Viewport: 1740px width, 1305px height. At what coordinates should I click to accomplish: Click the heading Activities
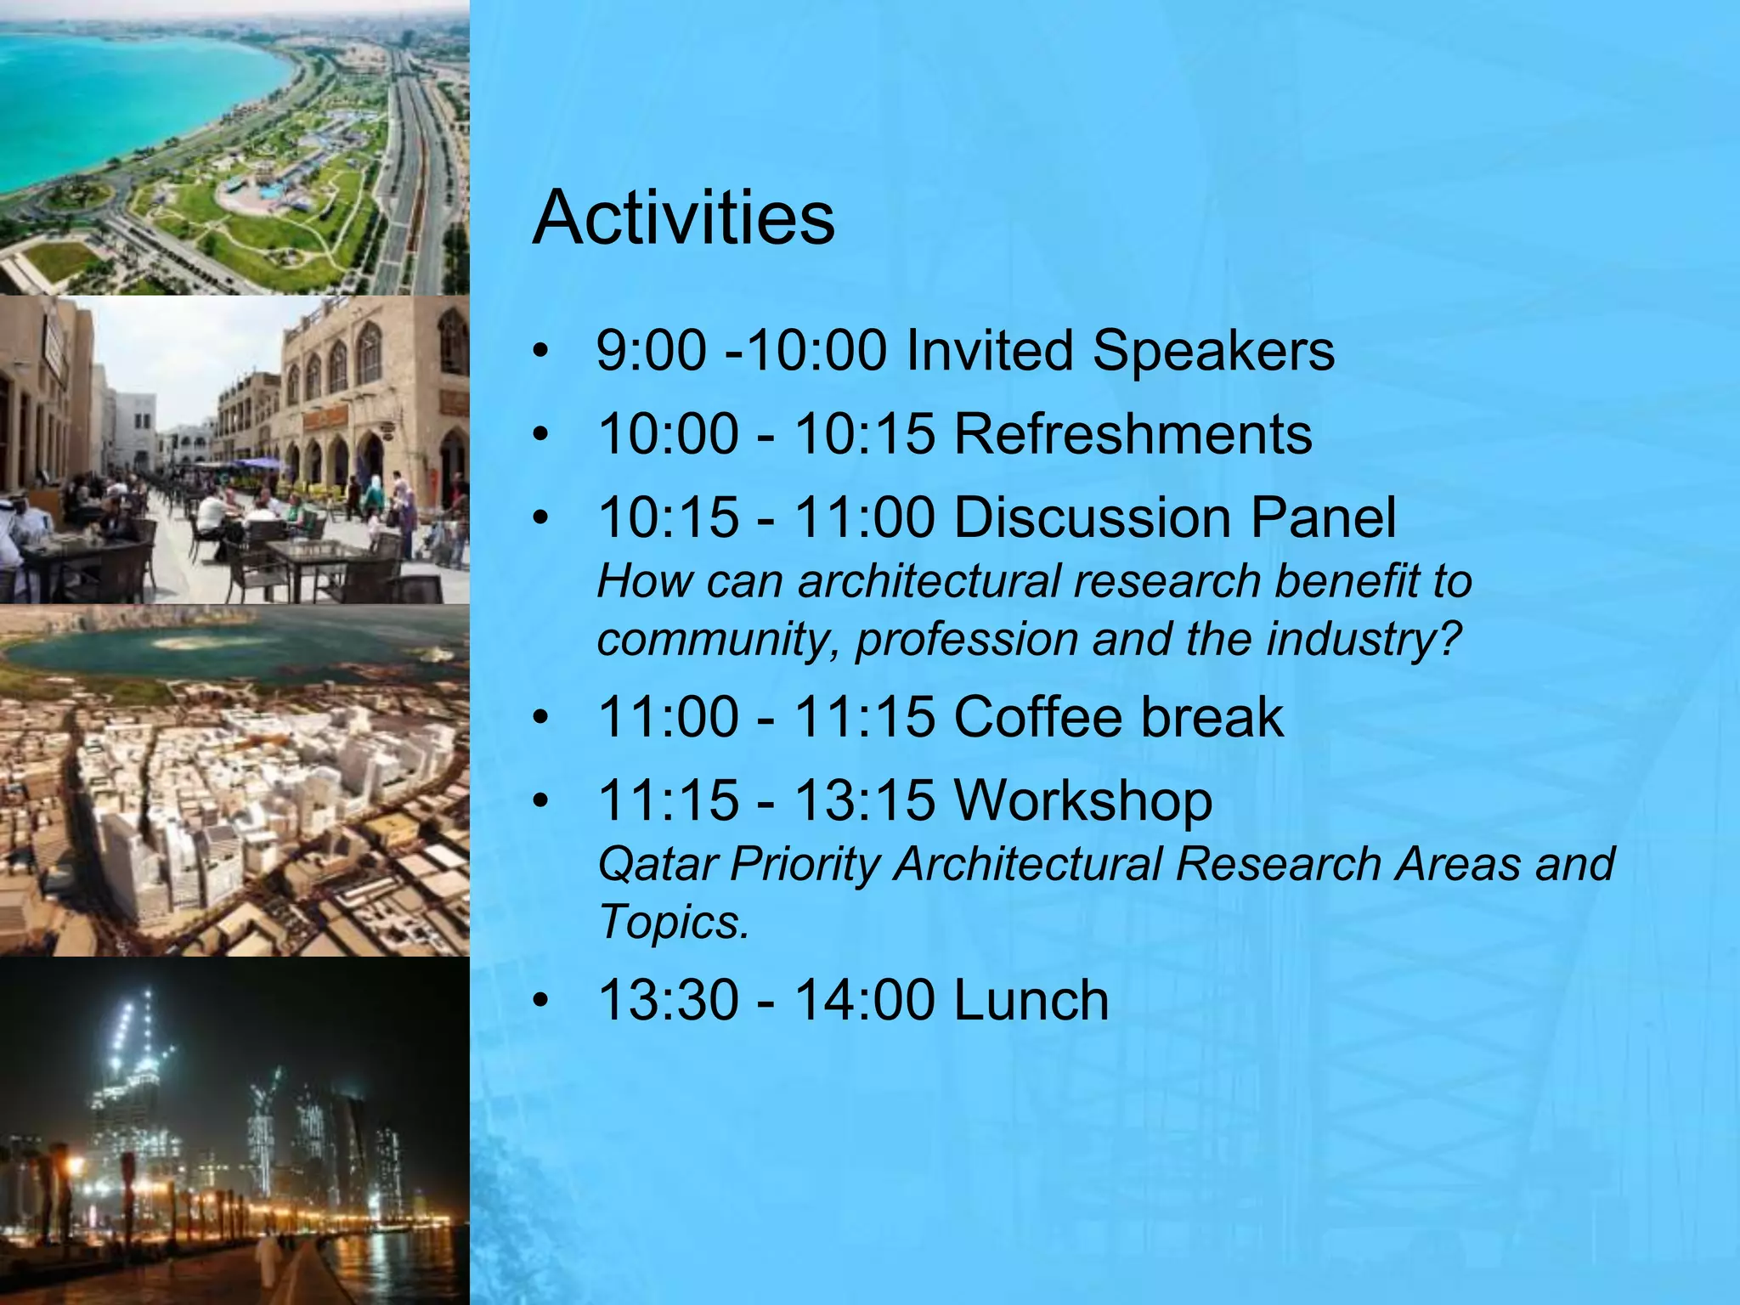point(683,218)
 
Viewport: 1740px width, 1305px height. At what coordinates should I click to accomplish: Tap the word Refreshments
point(1133,434)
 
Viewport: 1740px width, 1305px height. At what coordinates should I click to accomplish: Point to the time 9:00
point(651,351)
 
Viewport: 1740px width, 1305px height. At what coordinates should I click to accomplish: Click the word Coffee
point(1037,717)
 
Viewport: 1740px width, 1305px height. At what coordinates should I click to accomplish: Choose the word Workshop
point(1083,801)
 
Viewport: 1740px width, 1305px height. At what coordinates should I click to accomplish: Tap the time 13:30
point(668,1000)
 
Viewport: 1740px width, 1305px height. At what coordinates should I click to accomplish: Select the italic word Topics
point(673,922)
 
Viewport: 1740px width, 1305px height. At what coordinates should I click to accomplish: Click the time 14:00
point(864,1000)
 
